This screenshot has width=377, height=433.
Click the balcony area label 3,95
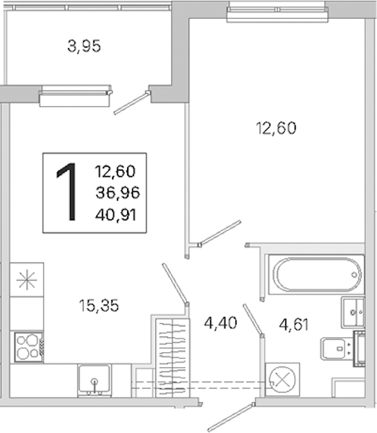[84, 46]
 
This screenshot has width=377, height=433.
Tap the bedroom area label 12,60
[276, 128]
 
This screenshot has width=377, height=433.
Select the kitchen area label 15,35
[99, 305]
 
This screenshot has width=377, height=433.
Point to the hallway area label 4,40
[220, 323]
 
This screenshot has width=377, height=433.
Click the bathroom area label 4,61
[293, 325]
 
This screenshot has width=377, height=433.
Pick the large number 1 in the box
[67, 192]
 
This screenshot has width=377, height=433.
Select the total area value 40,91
[116, 214]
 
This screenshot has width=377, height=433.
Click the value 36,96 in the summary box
[118, 193]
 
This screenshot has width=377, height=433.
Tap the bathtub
[316, 274]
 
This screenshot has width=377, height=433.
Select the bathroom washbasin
[353, 312]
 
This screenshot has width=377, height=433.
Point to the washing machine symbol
[282, 380]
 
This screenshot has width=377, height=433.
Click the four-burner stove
[28, 347]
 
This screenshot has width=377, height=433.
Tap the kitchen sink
[95, 380]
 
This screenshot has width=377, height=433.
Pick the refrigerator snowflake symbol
[27, 280]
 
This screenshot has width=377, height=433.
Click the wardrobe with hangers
[173, 358]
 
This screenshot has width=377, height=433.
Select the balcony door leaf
[131, 102]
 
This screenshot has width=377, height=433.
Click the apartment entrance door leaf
[231, 418]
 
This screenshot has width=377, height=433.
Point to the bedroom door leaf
[220, 233]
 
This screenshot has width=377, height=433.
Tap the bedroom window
[278, 14]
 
